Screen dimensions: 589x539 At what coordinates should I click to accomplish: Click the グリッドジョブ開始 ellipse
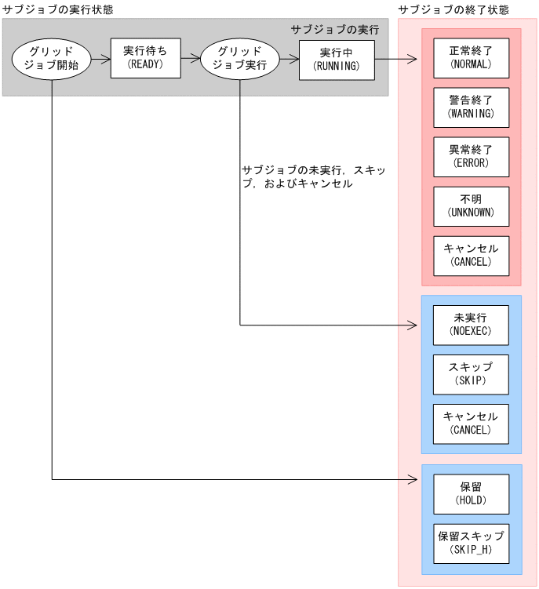52,58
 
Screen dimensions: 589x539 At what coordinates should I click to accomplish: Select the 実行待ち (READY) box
146,58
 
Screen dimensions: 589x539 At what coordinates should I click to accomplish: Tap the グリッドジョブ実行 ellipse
239,58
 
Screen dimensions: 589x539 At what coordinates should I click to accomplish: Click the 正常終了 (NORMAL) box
471,58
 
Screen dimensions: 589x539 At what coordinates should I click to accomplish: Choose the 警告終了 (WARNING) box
471,107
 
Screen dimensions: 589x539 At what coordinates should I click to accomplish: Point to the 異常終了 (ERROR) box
471,157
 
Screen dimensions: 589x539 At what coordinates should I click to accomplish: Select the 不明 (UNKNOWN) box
471,206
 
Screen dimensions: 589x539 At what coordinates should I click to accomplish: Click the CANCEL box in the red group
471,256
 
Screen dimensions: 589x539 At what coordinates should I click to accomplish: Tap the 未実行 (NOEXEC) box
471,325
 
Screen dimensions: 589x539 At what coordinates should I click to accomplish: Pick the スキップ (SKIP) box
471,374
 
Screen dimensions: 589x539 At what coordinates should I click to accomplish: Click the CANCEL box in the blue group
471,424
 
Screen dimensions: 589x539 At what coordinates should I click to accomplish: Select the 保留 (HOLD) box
471,493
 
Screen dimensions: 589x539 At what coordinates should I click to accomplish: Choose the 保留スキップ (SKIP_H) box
471,543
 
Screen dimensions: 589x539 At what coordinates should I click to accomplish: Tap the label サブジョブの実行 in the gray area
335,29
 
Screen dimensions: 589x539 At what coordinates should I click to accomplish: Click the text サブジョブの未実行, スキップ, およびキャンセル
314,176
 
